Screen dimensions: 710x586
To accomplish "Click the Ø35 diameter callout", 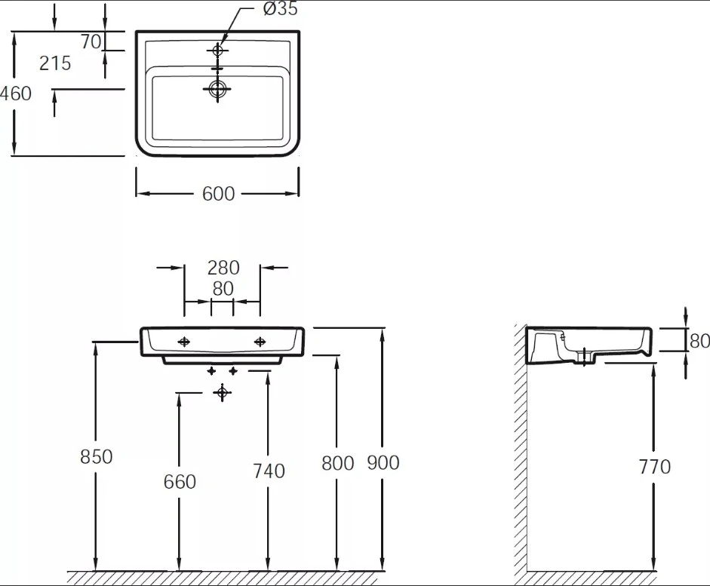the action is [x=280, y=8].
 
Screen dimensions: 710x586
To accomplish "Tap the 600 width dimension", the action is [x=218, y=194].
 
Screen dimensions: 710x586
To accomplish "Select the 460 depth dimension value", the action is [x=16, y=94].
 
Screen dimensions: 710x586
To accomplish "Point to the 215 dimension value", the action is [x=55, y=63].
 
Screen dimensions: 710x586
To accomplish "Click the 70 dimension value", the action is [x=91, y=41].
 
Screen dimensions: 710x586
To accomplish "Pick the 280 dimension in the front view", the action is [x=223, y=268].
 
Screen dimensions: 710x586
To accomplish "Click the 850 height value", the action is [x=96, y=456].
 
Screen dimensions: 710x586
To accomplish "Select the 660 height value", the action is [x=180, y=482].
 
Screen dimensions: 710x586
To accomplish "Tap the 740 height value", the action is [x=269, y=471].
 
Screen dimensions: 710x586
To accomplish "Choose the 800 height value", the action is [x=338, y=463].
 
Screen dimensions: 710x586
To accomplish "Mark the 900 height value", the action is [x=383, y=463].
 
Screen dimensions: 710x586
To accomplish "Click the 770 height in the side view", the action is [x=655, y=467].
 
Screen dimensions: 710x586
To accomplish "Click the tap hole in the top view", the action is [x=217, y=51].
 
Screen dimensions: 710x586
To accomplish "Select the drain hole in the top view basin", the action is [x=217, y=89].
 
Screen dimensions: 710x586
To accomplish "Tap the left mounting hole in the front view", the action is [x=184, y=342].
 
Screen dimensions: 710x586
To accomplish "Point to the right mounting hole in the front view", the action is [x=260, y=342].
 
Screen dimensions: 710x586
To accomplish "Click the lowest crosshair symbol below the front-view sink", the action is [x=222, y=393].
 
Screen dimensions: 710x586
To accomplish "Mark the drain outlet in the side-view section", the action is [x=585, y=357].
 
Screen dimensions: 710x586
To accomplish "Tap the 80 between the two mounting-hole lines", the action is [x=223, y=289].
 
